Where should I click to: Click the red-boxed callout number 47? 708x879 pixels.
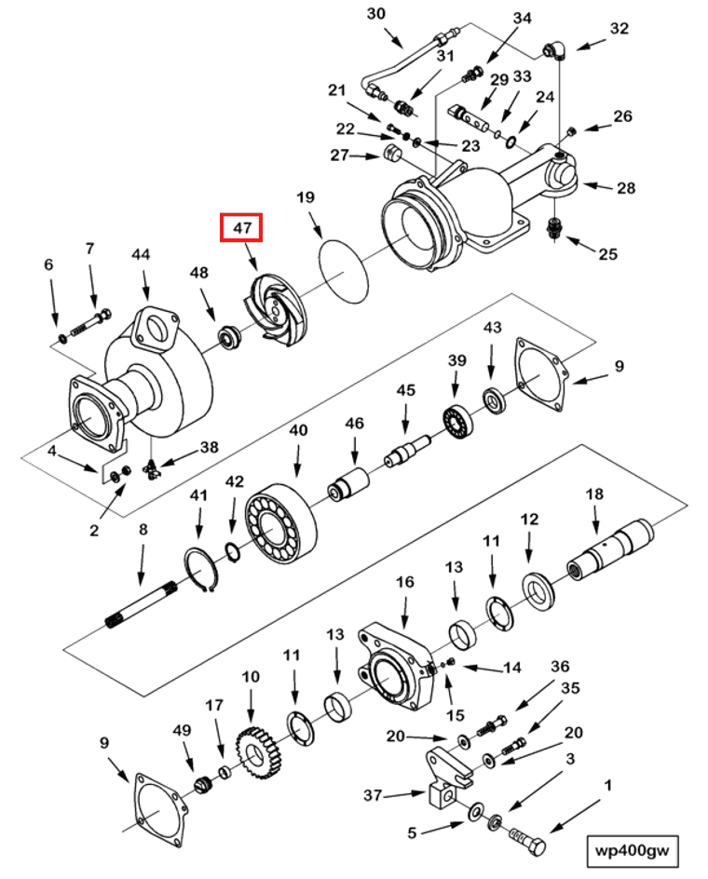pyautogui.click(x=241, y=226)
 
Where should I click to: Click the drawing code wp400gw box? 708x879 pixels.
pyautogui.click(x=633, y=849)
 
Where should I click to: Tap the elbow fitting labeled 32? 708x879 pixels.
pyautogui.click(x=553, y=48)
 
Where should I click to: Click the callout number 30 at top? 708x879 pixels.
pyautogui.click(x=375, y=14)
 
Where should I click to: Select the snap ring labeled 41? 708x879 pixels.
pyautogui.click(x=199, y=567)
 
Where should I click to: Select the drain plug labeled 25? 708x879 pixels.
pyautogui.click(x=555, y=229)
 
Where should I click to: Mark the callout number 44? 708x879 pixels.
pyautogui.click(x=141, y=254)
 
